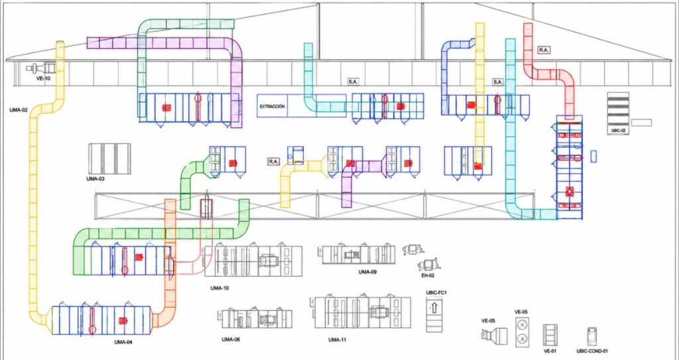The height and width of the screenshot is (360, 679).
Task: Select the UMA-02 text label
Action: (x=18, y=110)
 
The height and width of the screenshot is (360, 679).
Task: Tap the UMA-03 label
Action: (x=95, y=178)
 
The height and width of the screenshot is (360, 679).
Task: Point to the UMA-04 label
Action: (x=123, y=342)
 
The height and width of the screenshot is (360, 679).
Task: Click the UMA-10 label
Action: (x=219, y=288)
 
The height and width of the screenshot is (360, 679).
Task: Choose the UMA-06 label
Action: (x=230, y=339)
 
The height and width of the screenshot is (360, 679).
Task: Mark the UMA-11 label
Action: (x=337, y=339)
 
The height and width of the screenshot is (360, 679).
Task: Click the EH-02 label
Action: (x=428, y=275)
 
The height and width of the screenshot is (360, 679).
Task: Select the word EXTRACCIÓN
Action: (x=272, y=106)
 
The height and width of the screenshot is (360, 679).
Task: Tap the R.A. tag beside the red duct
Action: (x=544, y=50)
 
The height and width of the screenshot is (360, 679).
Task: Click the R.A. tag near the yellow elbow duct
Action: (x=273, y=162)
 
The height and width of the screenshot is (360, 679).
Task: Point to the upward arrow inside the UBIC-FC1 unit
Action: (x=434, y=308)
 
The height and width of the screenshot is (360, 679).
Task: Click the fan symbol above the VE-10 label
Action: (x=42, y=68)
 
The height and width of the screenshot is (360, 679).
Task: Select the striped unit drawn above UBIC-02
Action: (x=618, y=108)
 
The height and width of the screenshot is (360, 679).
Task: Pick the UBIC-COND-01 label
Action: (x=592, y=351)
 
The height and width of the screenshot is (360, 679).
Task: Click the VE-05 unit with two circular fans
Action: (x=523, y=331)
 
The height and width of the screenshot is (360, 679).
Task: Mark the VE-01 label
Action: (x=550, y=351)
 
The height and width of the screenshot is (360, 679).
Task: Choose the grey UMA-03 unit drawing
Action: (x=109, y=158)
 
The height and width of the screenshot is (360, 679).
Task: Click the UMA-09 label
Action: (x=367, y=272)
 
